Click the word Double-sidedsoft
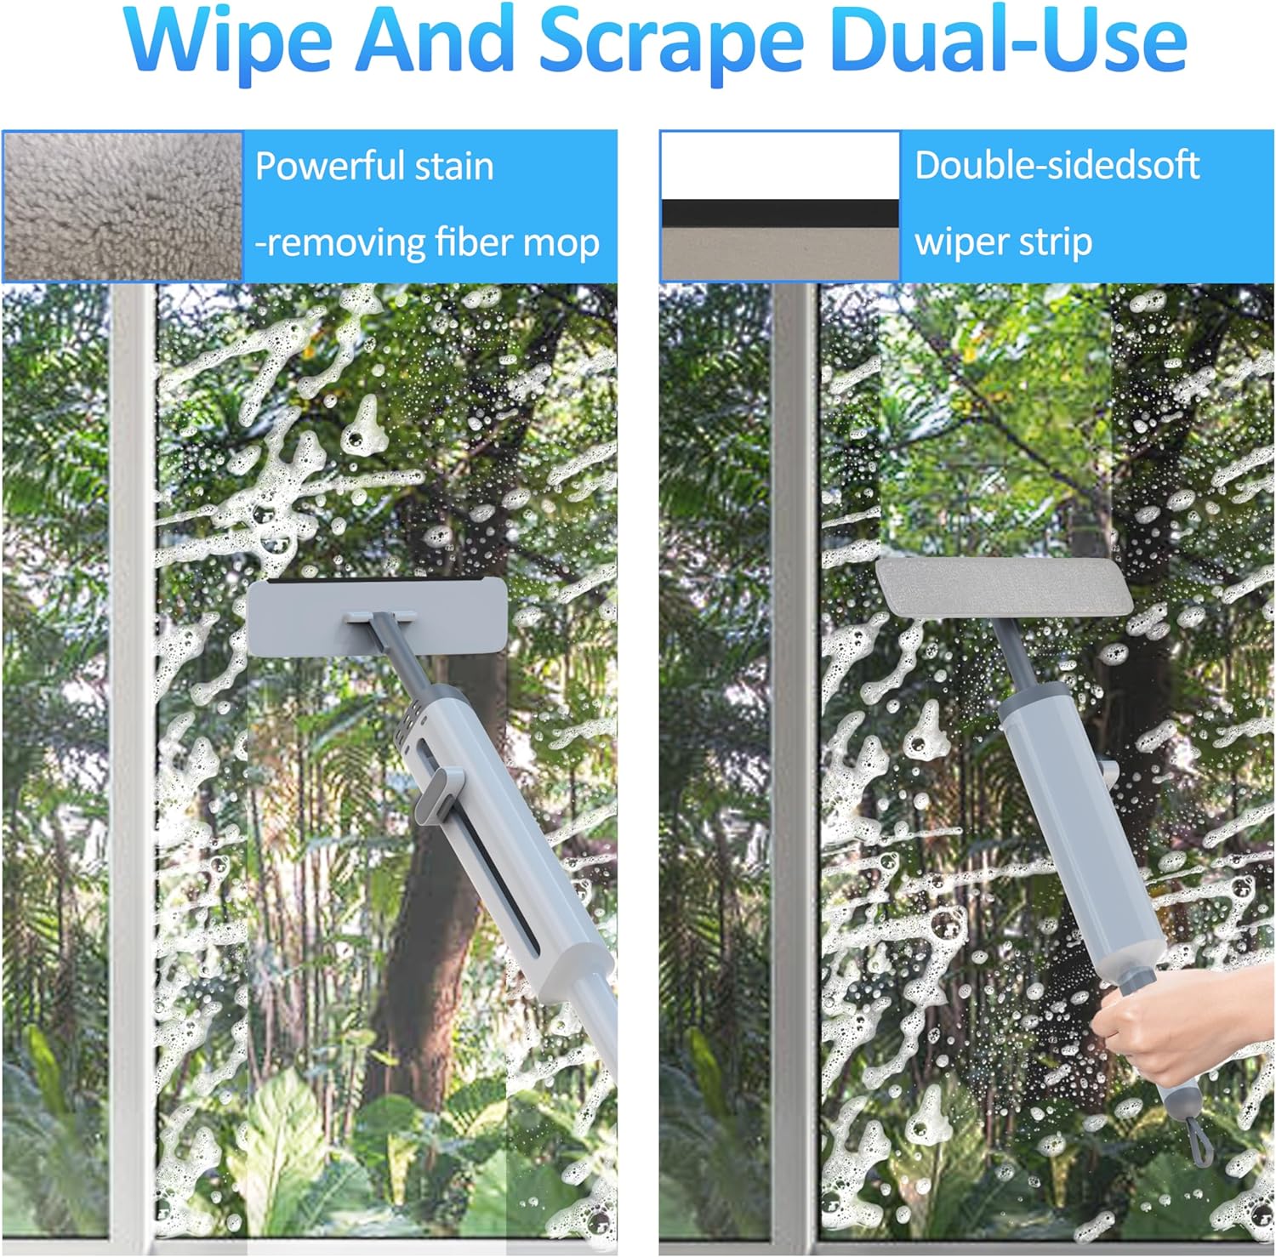point(1057,164)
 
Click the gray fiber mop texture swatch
point(122,206)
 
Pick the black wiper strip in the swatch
point(780,213)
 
